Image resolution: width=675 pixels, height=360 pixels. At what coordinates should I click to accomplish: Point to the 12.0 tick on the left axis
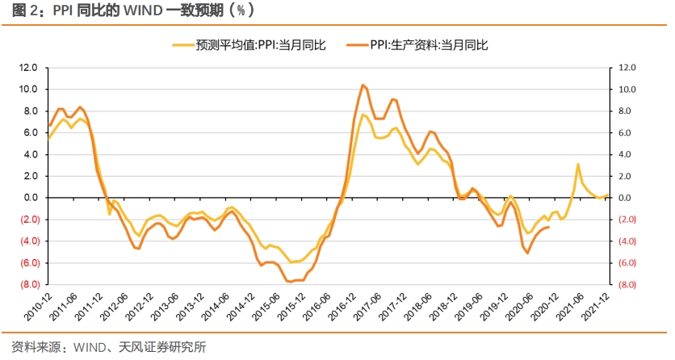point(31,68)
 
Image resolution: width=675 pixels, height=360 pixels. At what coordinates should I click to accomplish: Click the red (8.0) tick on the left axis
point(31,285)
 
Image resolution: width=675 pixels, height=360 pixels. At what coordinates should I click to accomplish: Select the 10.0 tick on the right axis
point(627,90)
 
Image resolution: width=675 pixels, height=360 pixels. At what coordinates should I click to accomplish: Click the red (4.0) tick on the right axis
point(627,241)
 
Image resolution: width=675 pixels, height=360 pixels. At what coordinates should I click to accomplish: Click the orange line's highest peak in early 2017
point(363,85)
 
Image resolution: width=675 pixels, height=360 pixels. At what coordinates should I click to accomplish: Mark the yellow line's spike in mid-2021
point(578,165)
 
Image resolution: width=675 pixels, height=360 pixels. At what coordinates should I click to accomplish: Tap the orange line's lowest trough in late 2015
point(289,281)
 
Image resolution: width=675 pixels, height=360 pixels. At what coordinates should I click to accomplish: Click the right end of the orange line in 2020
point(550,227)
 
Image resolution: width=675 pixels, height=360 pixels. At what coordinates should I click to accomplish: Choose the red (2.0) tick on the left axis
point(31,220)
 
